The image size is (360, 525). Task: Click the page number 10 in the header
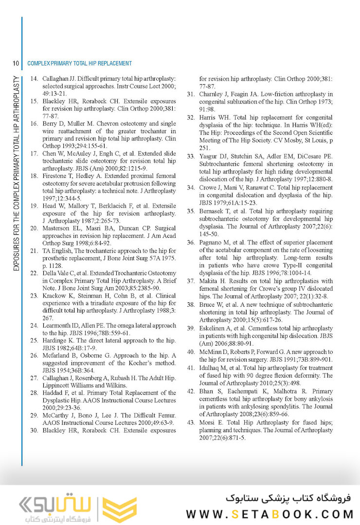[16, 63]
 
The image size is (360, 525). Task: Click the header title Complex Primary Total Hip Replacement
[79, 63]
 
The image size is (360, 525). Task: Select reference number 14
[34, 78]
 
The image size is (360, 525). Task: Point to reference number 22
[34, 273]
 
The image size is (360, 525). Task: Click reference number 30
[34, 430]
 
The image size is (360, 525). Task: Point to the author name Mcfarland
[58, 355]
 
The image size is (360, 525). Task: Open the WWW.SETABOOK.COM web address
[270, 514]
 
